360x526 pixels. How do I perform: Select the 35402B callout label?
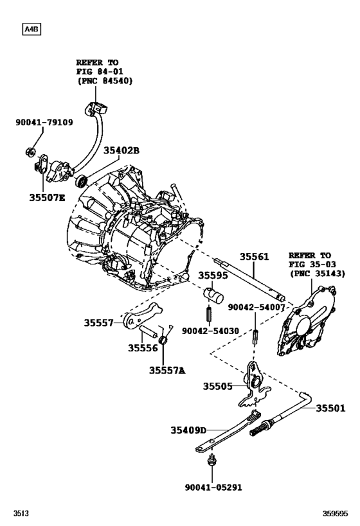click(x=122, y=150)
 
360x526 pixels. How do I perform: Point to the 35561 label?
click(x=254, y=256)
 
